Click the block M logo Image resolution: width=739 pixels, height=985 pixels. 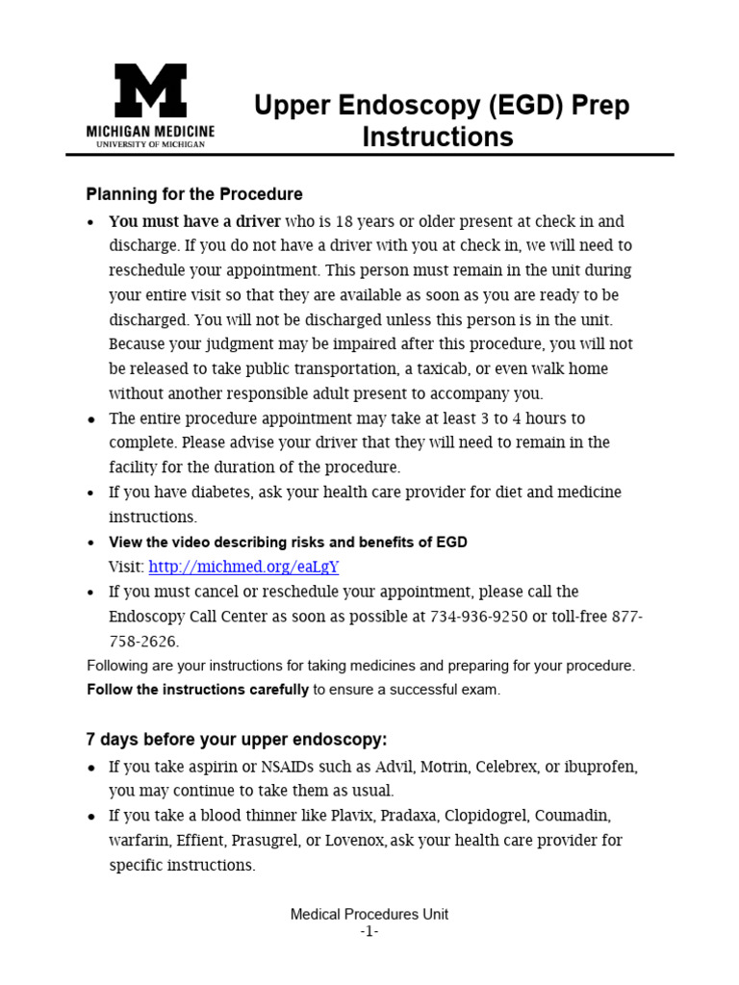pyautogui.click(x=150, y=92)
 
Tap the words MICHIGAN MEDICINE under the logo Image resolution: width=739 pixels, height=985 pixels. pyautogui.click(x=150, y=131)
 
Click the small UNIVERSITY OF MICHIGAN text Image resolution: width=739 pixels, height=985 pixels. pyautogui.click(x=150, y=144)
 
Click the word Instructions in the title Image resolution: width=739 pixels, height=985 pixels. pyautogui.click(x=438, y=138)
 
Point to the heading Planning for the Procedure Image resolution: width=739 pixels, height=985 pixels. pyautogui.click(x=194, y=194)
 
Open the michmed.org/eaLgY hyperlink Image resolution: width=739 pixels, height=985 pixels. pyautogui.click(x=244, y=567)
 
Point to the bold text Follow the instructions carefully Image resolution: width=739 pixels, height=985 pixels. pyautogui.click(x=198, y=690)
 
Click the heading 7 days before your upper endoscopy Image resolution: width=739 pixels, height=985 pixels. pyautogui.click(x=237, y=740)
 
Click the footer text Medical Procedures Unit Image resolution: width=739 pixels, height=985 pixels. pyautogui.click(x=369, y=915)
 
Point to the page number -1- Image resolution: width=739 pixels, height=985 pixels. pyautogui.click(x=369, y=931)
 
